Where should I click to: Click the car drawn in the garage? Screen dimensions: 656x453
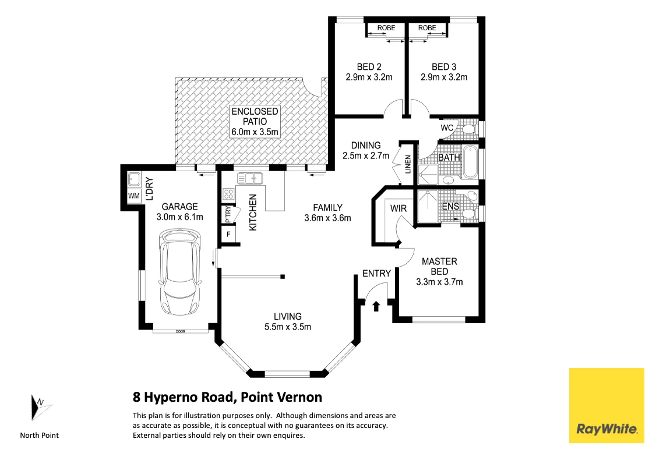tap(181, 272)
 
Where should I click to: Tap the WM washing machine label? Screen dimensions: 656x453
tap(134, 196)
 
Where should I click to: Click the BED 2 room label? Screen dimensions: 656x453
tap(369, 67)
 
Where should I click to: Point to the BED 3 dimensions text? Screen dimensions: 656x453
tap(444, 77)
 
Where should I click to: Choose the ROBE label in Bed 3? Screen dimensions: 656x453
tap(427, 28)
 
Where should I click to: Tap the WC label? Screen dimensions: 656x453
tap(447, 128)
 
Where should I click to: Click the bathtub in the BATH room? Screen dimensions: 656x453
tap(471, 162)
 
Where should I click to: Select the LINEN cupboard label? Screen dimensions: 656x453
tap(408, 164)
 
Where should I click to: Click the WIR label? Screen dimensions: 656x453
tap(398, 208)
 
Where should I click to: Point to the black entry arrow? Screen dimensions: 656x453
tap(376, 306)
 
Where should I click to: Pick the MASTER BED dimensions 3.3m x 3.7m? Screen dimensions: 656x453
tap(439, 282)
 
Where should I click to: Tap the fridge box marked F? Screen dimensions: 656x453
tap(228, 234)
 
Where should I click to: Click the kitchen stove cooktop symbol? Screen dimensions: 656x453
tap(228, 194)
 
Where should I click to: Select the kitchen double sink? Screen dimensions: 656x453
tap(250, 179)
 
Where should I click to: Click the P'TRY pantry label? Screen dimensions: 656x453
tap(228, 215)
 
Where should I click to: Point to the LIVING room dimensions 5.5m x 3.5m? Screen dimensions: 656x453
tap(288, 327)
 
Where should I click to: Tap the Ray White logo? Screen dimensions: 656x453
tap(606, 405)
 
